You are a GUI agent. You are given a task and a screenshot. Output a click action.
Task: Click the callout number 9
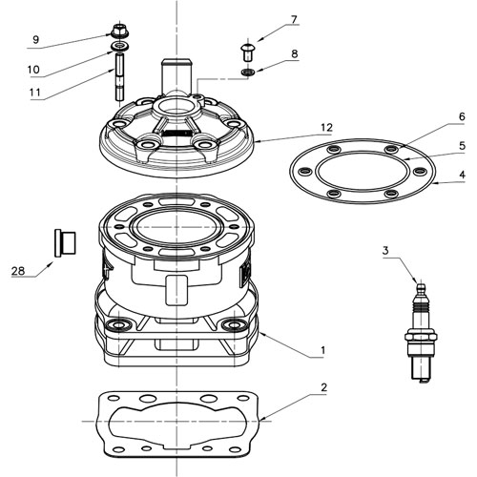35,39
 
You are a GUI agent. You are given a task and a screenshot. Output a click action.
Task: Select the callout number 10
33,69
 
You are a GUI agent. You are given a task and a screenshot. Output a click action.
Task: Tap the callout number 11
35,93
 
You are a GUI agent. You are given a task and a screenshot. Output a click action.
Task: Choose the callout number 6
434,116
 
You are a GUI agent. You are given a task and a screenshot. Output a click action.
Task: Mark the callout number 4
435,176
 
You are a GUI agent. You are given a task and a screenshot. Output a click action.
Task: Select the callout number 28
17,271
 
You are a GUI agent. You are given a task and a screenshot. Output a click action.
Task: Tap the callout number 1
323,350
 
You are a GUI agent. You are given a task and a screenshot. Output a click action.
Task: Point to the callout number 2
323,388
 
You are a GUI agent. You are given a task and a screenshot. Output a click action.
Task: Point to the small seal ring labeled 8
246,72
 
